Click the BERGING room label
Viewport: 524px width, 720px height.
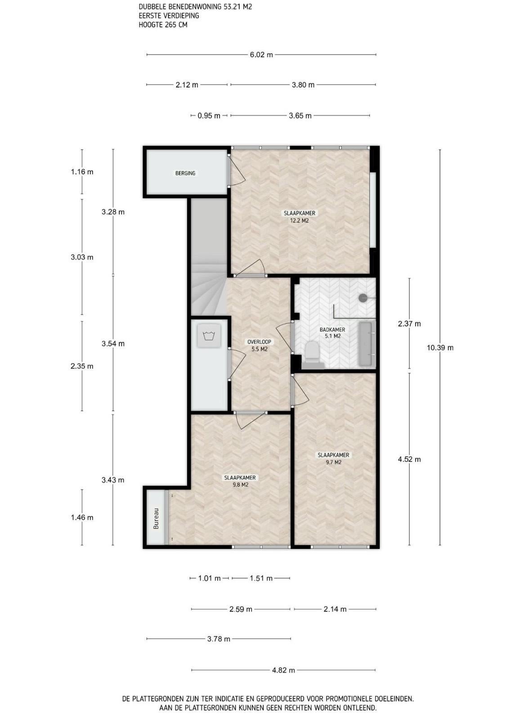(185, 173)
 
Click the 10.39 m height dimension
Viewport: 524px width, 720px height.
(440, 347)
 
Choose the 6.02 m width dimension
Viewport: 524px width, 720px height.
(261, 54)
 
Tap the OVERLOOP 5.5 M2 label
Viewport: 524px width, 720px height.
(259, 346)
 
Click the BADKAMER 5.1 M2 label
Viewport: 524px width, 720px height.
(332, 333)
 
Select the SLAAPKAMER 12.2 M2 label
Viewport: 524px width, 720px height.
(300, 216)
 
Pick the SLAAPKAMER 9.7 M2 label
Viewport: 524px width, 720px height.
(333, 459)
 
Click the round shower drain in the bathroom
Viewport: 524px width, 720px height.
(363, 298)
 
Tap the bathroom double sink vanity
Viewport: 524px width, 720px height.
(367, 344)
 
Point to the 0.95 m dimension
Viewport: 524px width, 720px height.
(209, 116)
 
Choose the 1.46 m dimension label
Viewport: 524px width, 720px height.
(82, 517)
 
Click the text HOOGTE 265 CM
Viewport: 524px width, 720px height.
(163, 24)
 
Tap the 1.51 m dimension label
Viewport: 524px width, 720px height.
(261, 578)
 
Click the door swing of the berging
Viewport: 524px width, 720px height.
(238, 171)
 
